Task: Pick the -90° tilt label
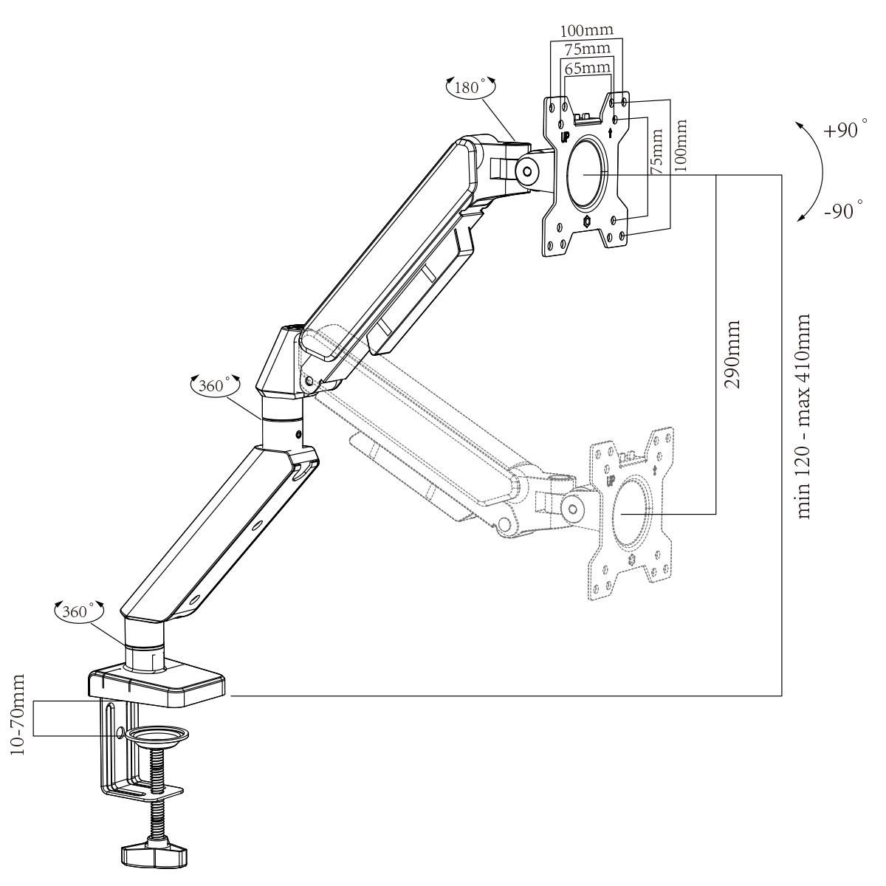point(841,210)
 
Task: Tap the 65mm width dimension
point(588,67)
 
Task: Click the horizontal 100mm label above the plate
point(587,31)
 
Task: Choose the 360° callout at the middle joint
point(215,384)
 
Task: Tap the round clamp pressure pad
point(157,735)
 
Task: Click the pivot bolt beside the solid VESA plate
point(526,168)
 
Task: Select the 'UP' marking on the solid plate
point(564,137)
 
